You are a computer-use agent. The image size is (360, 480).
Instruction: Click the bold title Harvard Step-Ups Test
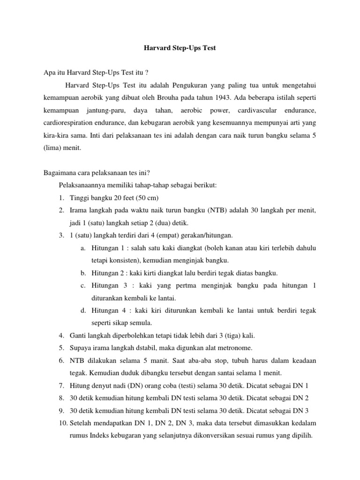coord(180,48)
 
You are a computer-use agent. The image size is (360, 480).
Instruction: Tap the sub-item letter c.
coord(82,286)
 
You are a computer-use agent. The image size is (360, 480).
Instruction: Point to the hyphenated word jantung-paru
coord(102,111)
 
